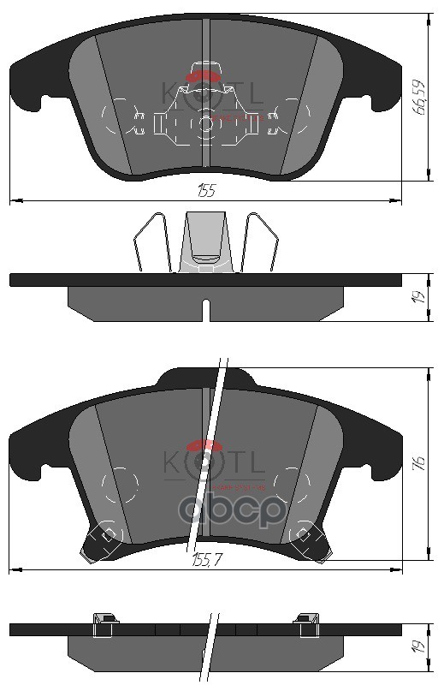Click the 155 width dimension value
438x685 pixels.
(205, 191)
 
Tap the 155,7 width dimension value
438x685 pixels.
(205, 561)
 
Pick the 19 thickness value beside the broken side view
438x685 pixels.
(419, 648)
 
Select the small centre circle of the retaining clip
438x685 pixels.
(205, 123)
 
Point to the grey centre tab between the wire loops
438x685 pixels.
(205, 240)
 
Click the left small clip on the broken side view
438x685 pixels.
(103, 623)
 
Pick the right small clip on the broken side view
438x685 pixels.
(305, 623)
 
